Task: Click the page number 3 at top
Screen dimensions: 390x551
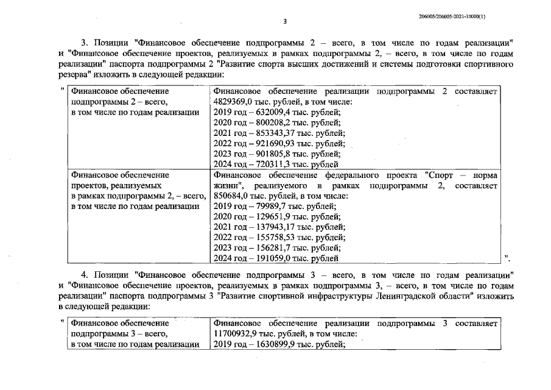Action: [x=285, y=23]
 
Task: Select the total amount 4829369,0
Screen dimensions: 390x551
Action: [x=236, y=102]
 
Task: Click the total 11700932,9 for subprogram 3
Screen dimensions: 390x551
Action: [x=239, y=333]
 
